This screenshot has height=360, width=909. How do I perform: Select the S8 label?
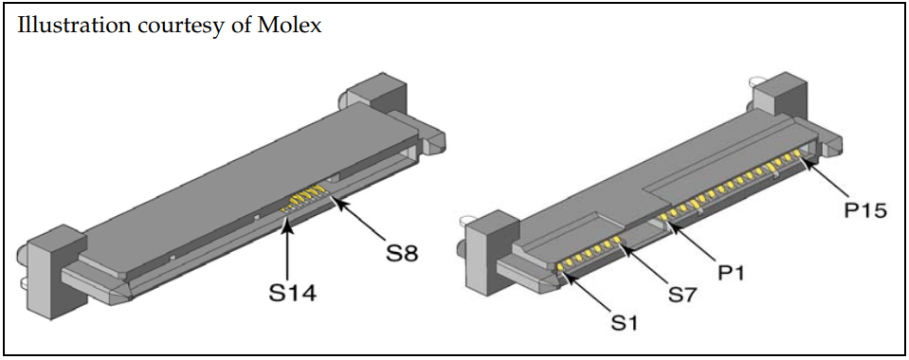click(402, 253)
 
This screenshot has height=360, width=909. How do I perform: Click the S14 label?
click(293, 294)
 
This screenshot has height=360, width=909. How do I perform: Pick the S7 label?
click(683, 295)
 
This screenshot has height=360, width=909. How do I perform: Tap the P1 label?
click(733, 273)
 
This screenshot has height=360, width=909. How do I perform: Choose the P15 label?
click(865, 211)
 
